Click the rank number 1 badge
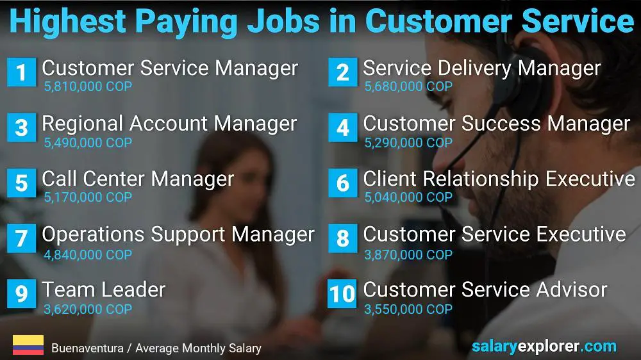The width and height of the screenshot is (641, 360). point(21,72)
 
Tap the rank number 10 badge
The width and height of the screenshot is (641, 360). point(342,293)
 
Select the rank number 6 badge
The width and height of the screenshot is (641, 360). point(342,183)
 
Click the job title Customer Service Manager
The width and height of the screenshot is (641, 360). point(170,69)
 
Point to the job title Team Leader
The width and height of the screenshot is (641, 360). point(104,290)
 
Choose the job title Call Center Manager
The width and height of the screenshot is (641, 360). point(138,179)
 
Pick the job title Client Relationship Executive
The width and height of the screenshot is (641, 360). point(499,179)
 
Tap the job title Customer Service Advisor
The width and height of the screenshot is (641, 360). point(485,290)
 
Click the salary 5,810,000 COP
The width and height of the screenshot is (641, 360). point(88,86)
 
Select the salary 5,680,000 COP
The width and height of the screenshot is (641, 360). point(408,86)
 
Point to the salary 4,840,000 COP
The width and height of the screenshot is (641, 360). point(88,255)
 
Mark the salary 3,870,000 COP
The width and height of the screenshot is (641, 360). point(408,255)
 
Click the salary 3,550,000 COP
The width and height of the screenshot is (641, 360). point(408,309)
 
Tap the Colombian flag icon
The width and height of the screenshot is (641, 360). point(28,345)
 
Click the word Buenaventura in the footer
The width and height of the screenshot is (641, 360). point(87,348)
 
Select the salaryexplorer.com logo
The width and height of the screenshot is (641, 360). point(544,347)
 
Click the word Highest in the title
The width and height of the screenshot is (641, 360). point(68,21)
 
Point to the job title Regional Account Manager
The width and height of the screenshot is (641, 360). point(169,124)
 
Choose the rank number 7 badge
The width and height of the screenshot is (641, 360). point(21,238)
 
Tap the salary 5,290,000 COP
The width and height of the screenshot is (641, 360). point(408,143)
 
